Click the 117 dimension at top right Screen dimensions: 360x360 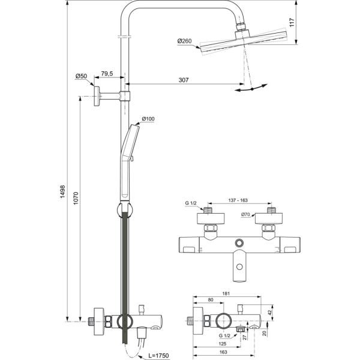tap(308, 23)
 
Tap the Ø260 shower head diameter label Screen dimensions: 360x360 tap(184, 41)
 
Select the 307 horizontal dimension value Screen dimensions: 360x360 tap(184, 80)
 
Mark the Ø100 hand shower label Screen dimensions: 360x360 tap(148, 118)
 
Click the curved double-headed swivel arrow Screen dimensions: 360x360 tap(250, 89)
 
